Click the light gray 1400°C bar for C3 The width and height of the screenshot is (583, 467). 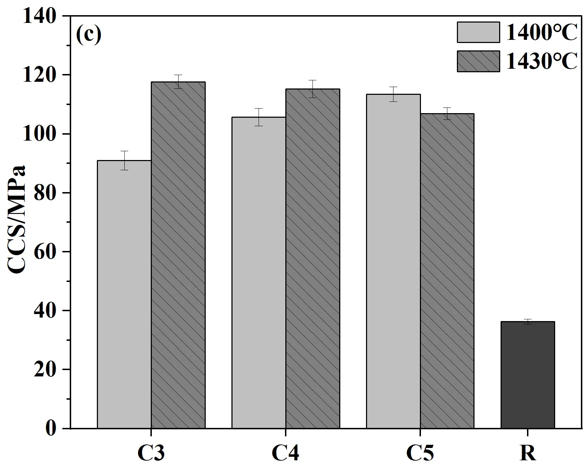coord(124,294)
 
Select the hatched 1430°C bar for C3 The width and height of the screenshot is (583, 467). coord(178,255)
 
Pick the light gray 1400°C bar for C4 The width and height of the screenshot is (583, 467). coord(259,272)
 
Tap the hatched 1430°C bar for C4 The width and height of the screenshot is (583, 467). coord(313,259)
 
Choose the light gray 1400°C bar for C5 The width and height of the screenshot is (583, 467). coord(393,261)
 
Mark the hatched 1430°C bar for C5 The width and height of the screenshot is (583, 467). coord(447,271)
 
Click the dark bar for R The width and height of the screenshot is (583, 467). coord(528,375)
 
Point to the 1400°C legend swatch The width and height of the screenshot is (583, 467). coord(478,32)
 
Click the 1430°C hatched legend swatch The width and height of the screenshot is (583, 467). coord(478,61)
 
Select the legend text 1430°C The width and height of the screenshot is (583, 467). coord(541,61)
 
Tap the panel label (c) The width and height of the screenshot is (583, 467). coord(89,35)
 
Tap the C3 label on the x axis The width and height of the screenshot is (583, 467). coord(151,453)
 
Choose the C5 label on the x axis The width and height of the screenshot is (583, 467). coord(420,453)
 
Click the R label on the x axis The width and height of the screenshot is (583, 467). coord(528,453)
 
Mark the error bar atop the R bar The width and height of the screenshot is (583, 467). coord(528,321)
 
